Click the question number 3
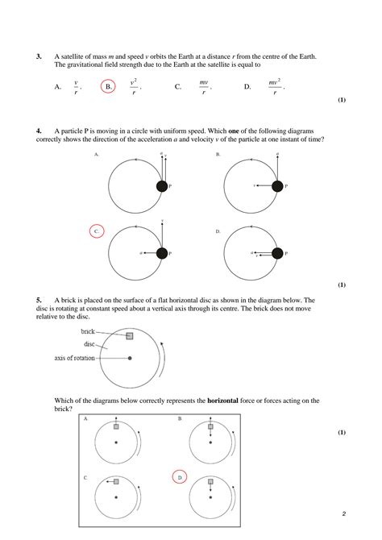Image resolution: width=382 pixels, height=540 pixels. coord(39,57)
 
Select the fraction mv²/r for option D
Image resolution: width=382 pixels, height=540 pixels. coord(275,87)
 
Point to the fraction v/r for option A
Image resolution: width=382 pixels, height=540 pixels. coord(76,87)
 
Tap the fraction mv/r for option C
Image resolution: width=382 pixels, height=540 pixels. coord(204,87)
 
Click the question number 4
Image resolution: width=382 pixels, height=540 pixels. coord(39,131)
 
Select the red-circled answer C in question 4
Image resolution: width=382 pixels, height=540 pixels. coord(96,231)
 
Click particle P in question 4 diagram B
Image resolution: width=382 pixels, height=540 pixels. coord(277,186)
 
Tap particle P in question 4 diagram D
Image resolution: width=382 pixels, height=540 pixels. coord(277,253)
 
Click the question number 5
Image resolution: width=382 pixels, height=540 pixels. coord(39,300)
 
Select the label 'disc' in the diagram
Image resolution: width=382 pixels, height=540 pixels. coord(90,344)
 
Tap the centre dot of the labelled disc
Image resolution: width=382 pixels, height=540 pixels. coord(130,358)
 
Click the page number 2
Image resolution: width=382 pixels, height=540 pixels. coord(343,513)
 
